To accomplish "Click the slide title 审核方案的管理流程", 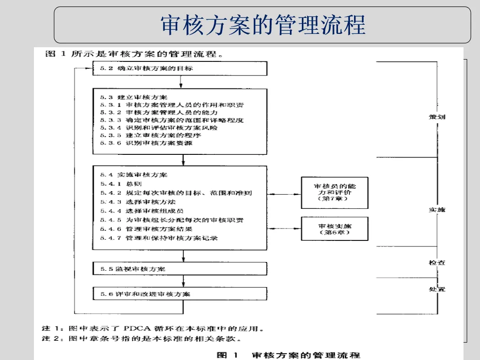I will click(x=262, y=25).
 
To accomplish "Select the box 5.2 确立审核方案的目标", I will click(x=180, y=69).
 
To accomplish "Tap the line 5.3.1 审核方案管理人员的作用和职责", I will click(x=172, y=105).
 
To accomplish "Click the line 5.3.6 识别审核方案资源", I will click(x=146, y=143).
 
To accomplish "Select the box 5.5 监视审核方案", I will click(x=180, y=269).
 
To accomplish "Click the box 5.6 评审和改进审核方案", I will click(x=180, y=294).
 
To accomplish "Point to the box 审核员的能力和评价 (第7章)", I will click(x=334, y=193).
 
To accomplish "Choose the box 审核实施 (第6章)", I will click(x=334, y=229).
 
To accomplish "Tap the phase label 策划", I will click(x=436, y=117).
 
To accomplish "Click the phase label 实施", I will click(x=436, y=210).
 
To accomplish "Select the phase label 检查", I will click(x=436, y=262).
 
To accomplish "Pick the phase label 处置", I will click(x=436, y=289).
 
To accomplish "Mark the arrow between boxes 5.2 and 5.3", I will click(x=182, y=82).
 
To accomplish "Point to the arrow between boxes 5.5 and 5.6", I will click(x=183, y=281).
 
